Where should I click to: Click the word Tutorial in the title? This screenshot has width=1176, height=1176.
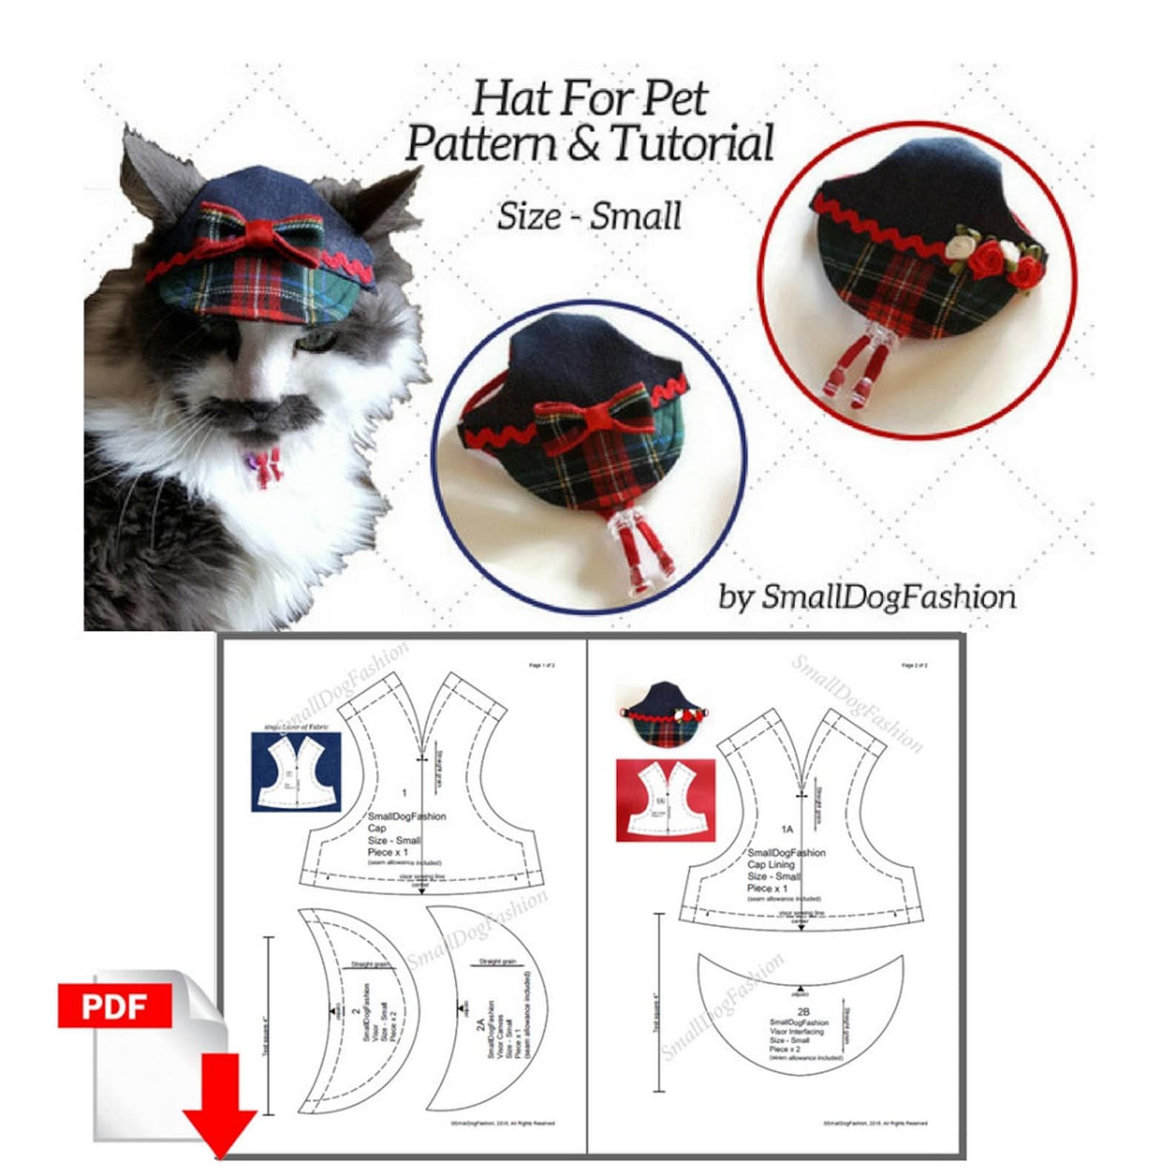click(692, 144)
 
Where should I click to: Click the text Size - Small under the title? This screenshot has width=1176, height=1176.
click(589, 216)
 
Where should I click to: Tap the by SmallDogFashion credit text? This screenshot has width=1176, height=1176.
click(867, 597)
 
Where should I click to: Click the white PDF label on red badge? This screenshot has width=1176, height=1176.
click(114, 1005)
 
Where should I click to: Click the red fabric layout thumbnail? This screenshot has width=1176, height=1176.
click(665, 800)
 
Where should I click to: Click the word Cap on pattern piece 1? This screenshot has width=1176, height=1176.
click(376, 828)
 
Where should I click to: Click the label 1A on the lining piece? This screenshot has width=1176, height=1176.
click(786, 829)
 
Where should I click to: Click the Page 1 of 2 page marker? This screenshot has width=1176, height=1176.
click(541, 666)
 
